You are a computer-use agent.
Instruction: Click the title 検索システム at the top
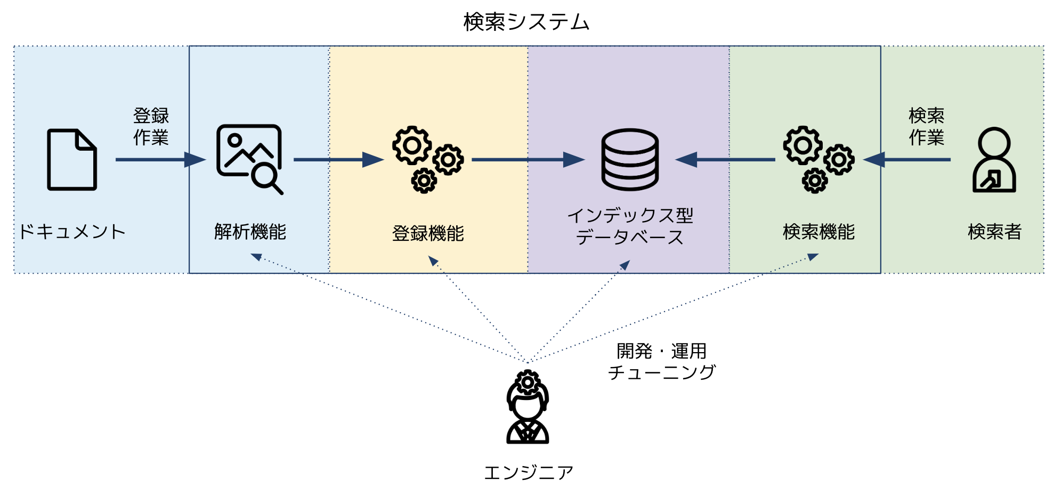click(x=526, y=22)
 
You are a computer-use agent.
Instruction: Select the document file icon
click(x=72, y=160)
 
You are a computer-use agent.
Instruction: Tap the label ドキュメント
click(x=72, y=232)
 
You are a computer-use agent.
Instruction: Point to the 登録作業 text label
click(x=151, y=126)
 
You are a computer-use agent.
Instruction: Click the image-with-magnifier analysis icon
click(x=249, y=159)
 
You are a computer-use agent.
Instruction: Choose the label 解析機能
click(x=250, y=232)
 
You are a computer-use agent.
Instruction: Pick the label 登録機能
click(x=428, y=233)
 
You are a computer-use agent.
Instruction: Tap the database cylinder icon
click(x=630, y=159)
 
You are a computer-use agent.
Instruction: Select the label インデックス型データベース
click(x=630, y=226)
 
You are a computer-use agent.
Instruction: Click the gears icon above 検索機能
click(x=818, y=159)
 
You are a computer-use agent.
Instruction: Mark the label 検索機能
click(x=818, y=232)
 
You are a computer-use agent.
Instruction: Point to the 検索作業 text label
click(x=926, y=126)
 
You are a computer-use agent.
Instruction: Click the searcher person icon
click(x=994, y=160)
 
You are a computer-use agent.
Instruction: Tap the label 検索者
click(x=994, y=232)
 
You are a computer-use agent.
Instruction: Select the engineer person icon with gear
click(x=528, y=407)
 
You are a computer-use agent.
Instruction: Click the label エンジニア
click(x=528, y=472)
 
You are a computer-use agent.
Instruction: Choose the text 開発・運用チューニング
click(x=662, y=361)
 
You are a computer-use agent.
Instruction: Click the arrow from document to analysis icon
click(x=160, y=159)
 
